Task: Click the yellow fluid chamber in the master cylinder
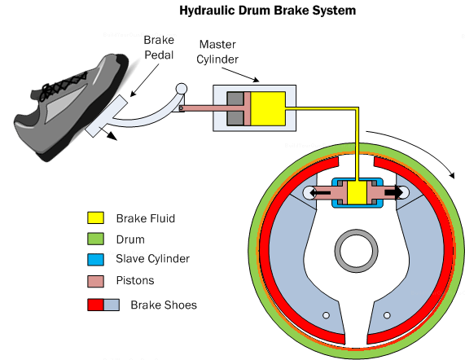point(266,108)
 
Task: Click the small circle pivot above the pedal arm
point(181,89)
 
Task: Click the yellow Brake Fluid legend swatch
point(96,218)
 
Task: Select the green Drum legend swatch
point(96,239)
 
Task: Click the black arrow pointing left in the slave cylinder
point(320,193)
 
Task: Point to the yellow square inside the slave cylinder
point(358,193)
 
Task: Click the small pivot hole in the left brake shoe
point(325,315)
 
